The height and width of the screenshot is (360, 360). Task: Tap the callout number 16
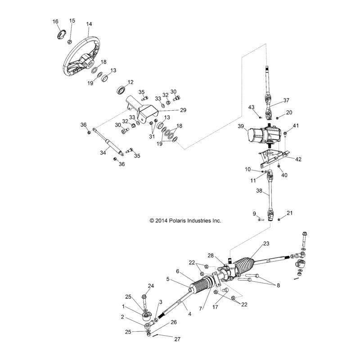pyautogui.click(x=55, y=22)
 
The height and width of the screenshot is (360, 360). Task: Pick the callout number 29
pyautogui.click(x=183, y=110)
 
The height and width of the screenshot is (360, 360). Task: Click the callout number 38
pyautogui.click(x=259, y=191)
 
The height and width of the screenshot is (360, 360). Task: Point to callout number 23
pyautogui.click(x=266, y=243)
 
